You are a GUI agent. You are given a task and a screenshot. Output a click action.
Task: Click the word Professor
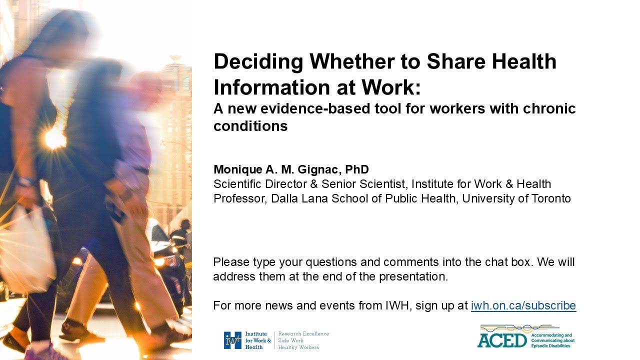[x=240, y=198]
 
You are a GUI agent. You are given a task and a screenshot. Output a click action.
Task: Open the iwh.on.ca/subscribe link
[x=523, y=305]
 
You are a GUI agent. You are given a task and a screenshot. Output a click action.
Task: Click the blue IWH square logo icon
[x=232, y=340]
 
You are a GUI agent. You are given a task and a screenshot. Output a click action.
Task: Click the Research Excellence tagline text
[x=303, y=333]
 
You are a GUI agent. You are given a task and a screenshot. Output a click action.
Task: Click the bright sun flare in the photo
[x=55, y=138]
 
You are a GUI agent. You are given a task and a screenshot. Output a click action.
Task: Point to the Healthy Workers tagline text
[x=298, y=347]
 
